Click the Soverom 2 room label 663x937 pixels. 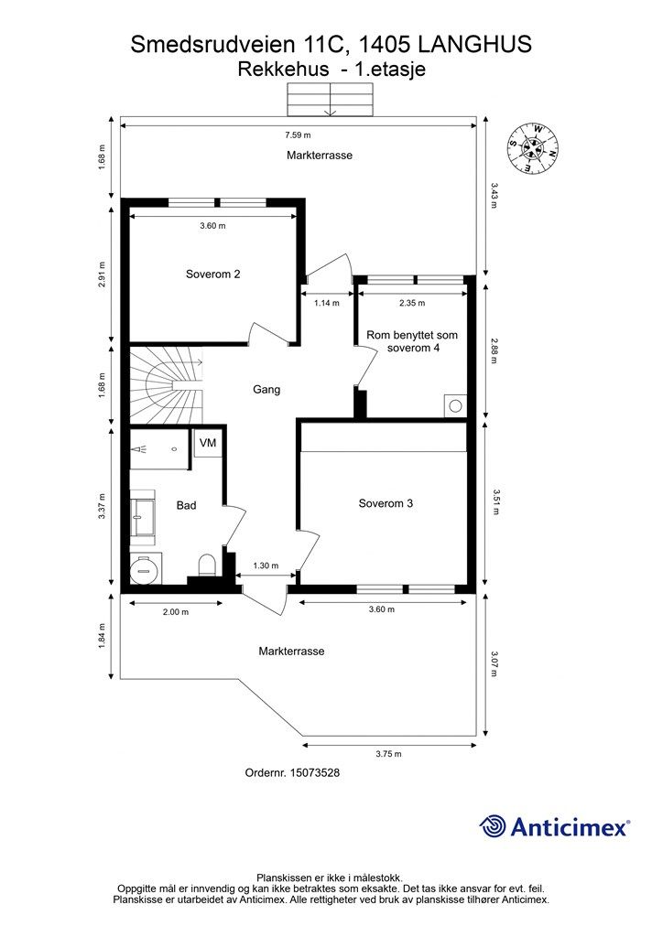pyautogui.click(x=212, y=274)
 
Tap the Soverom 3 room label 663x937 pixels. pyautogui.click(x=386, y=502)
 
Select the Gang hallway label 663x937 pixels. pyautogui.click(x=266, y=390)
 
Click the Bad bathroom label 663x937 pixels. pyautogui.click(x=186, y=505)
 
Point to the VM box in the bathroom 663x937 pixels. pyautogui.click(x=208, y=444)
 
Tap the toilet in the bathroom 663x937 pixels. pyautogui.click(x=207, y=564)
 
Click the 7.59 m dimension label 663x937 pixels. pyautogui.click(x=297, y=136)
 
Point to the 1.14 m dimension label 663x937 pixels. pyautogui.click(x=327, y=303)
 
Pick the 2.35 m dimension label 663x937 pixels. pyautogui.click(x=412, y=303)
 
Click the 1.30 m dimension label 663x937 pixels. pyautogui.click(x=266, y=566)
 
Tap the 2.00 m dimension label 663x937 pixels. pyautogui.click(x=175, y=612)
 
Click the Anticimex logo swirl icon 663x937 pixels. pyautogui.click(x=494, y=826)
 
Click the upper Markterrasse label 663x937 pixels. pyautogui.click(x=319, y=156)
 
